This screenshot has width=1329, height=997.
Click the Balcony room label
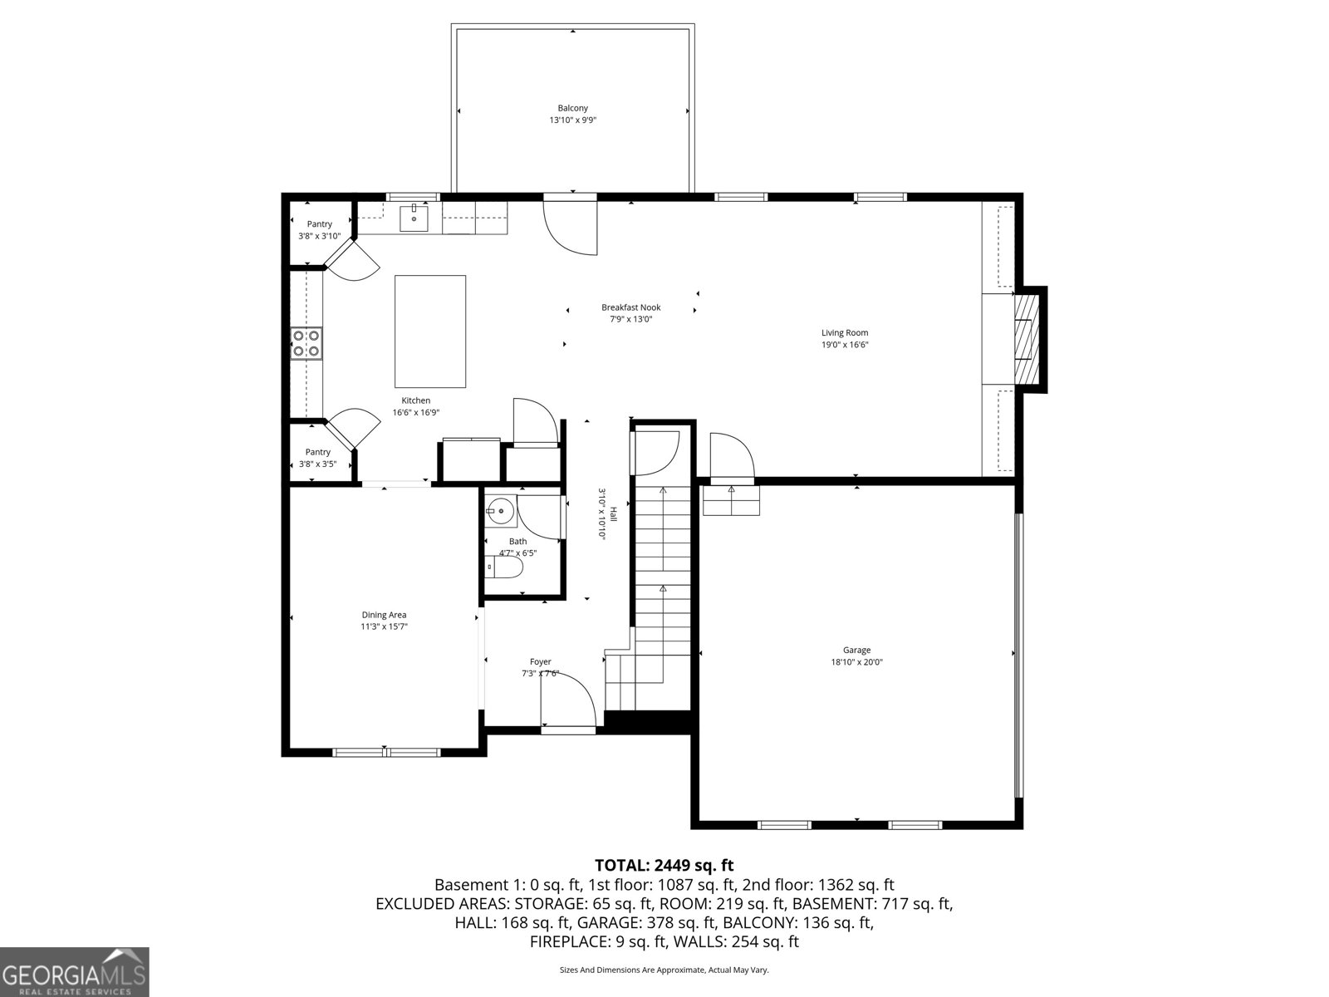572,108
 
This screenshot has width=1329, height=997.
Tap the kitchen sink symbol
414,219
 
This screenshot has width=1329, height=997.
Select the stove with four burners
306,343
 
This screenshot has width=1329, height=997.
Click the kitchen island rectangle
429,331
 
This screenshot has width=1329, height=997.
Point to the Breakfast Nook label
630,307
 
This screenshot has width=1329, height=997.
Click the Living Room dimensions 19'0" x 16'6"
845,345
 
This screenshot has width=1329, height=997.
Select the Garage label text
856,651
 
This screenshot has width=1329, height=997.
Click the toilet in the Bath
505,568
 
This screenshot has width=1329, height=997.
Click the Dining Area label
384,615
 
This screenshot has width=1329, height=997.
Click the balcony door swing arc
569,229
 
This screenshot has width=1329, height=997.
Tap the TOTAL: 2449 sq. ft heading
664,865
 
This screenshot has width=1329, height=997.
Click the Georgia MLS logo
74,971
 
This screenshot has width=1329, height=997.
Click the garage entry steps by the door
731,501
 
